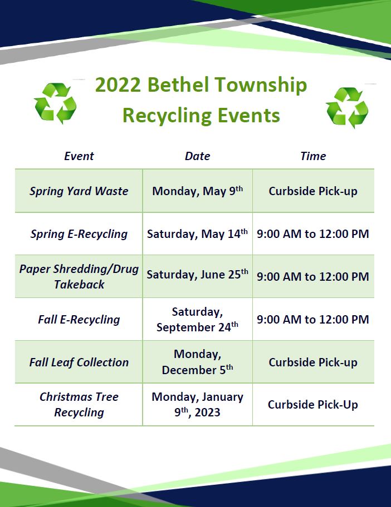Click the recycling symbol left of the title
(x=55, y=103)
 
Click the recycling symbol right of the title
(x=348, y=107)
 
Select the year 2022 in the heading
(x=119, y=85)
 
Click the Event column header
(x=79, y=156)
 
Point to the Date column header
(x=197, y=156)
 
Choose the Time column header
(x=313, y=156)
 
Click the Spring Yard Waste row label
(x=79, y=191)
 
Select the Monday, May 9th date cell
(x=197, y=191)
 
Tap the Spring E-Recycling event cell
(x=79, y=234)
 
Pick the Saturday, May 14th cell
(x=197, y=234)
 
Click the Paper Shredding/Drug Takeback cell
(x=79, y=276)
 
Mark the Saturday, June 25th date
(x=197, y=275)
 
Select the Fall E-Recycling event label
(x=79, y=320)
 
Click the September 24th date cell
(x=197, y=320)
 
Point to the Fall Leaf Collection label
(x=79, y=362)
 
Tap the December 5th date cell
(x=197, y=362)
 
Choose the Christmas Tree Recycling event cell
(x=79, y=405)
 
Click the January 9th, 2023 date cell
(x=197, y=405)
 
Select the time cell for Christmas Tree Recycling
(x=313, y=405)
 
